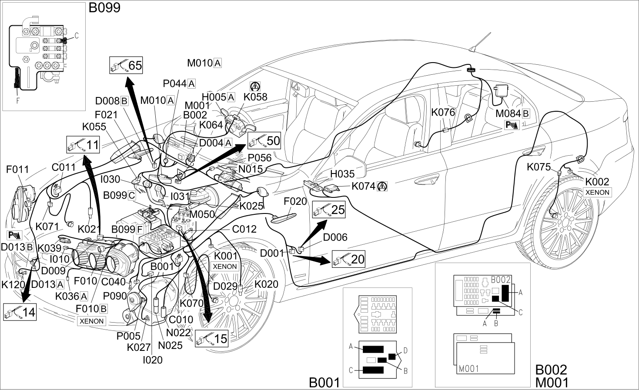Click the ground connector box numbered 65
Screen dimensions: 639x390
[126, 65]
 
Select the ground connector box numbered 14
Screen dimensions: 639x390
[20, 312]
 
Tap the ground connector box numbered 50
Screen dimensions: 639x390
[264, 140]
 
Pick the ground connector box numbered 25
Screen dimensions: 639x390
[329, 210]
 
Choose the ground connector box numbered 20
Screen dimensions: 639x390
[348, 259]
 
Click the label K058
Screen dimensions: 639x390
[255, 97]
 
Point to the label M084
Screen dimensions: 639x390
[509, 113]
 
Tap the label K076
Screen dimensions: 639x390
[443, 112]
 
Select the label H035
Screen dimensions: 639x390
[342, 173]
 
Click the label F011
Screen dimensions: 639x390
[17, 169]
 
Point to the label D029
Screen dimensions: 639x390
[225, 286]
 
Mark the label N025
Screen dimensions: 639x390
[170, 345]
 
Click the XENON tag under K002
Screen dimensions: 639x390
[597, 193]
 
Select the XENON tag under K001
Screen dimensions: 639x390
[225, 266]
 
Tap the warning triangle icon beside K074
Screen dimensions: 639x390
[382, 187]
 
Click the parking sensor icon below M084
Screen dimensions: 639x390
[512, 125]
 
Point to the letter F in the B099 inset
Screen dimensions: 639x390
[18, 100]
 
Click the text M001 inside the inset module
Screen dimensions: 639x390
[468, 369]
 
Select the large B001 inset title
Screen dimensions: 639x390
[325, 383]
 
